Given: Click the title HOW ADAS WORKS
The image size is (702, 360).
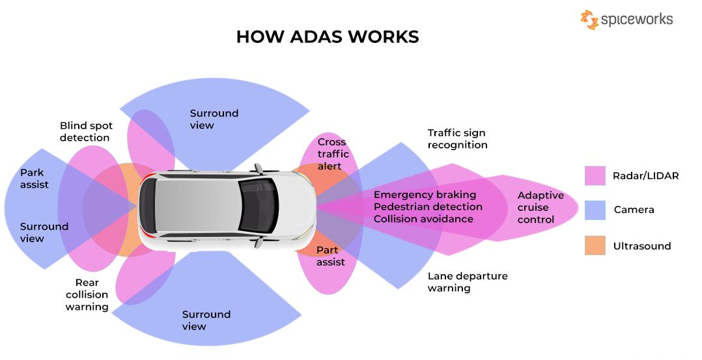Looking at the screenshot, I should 327,36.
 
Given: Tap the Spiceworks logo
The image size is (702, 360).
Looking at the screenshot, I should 626,20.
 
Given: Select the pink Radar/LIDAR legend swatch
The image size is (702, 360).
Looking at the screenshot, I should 595,176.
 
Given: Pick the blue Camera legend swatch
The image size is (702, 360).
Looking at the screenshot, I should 595,210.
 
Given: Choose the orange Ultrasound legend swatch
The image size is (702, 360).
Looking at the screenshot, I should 595,245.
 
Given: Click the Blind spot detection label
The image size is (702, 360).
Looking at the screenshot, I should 85,132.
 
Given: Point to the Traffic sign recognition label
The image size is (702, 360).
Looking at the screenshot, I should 457,139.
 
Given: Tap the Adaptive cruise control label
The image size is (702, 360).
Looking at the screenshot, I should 540,208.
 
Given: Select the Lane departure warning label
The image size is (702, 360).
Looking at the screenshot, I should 467,282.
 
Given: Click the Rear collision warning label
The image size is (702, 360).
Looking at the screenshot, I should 87,295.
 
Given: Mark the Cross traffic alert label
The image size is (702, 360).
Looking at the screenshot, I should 333,154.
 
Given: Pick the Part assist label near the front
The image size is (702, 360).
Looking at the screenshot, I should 330,256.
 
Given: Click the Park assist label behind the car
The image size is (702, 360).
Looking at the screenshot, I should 34,178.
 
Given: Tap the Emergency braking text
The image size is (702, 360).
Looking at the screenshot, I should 425,195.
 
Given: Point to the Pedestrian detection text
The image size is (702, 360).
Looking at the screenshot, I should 428,207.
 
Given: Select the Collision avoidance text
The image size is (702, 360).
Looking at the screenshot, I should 423,219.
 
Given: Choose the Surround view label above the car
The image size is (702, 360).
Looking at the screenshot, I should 214,119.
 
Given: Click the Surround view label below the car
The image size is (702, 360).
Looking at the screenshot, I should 206,320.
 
